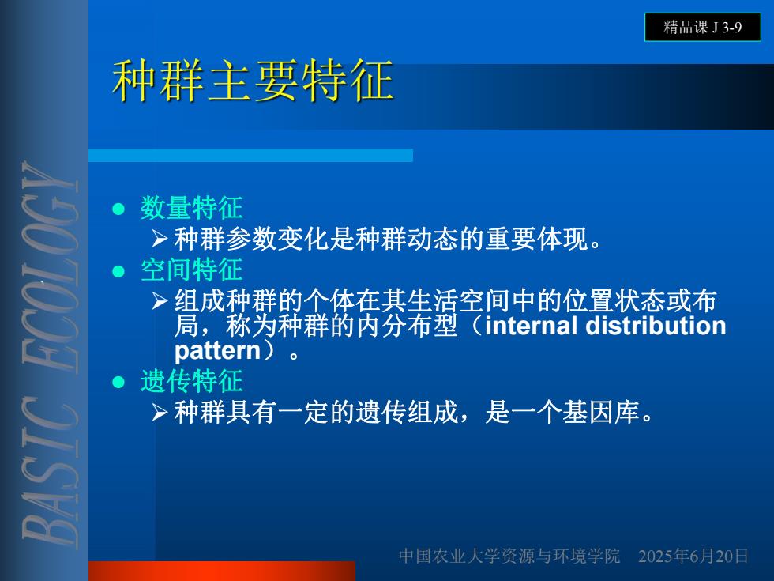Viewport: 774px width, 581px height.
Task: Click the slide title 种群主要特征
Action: (253, 80)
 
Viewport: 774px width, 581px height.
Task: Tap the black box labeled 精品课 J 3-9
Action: (702, 27)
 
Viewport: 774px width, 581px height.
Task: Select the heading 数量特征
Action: (191, 207)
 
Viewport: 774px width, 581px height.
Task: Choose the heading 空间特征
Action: (191, 270)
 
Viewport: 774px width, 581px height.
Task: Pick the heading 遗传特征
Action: (191, 381)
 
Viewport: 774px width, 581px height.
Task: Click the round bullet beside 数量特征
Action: (118, 209)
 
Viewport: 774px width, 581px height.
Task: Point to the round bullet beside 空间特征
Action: (118, 271)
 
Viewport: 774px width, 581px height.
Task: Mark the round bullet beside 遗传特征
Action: (118, 382)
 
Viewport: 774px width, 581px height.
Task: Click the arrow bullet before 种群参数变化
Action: (160, 239)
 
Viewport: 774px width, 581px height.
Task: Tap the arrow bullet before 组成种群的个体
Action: (160, 300)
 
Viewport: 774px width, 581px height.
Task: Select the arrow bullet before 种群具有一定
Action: (160, 412)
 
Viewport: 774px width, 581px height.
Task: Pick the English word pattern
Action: (217, 352)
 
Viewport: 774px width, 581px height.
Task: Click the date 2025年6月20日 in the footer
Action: (693, 556)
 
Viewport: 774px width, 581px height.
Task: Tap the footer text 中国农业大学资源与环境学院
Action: (509, 556)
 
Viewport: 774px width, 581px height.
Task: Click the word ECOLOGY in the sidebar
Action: (51, 267)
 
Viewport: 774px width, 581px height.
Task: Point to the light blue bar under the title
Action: (251, 155)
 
